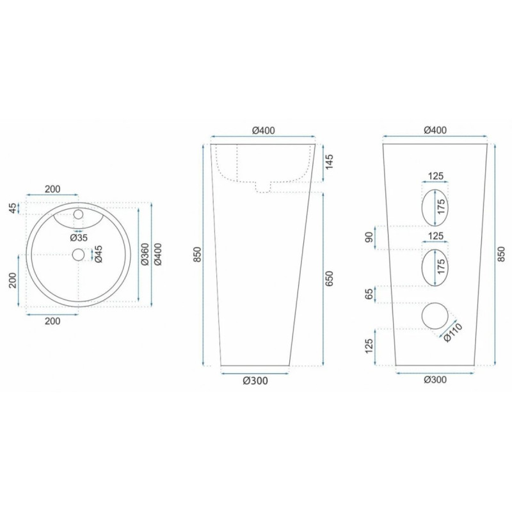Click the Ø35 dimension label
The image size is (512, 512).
coord(79,237)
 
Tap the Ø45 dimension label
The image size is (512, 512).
coord(99,254)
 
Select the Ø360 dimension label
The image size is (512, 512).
coord(145,254)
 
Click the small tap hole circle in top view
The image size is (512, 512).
coord(79,214)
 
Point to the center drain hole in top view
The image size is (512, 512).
coord(79,254)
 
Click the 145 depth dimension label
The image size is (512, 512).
coord(330,162)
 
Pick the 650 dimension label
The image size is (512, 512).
coord(330,278)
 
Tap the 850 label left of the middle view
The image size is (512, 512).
coord(197,255)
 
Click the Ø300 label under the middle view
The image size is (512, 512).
coord(255,381)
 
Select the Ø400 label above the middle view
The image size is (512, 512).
coord(264,131)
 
